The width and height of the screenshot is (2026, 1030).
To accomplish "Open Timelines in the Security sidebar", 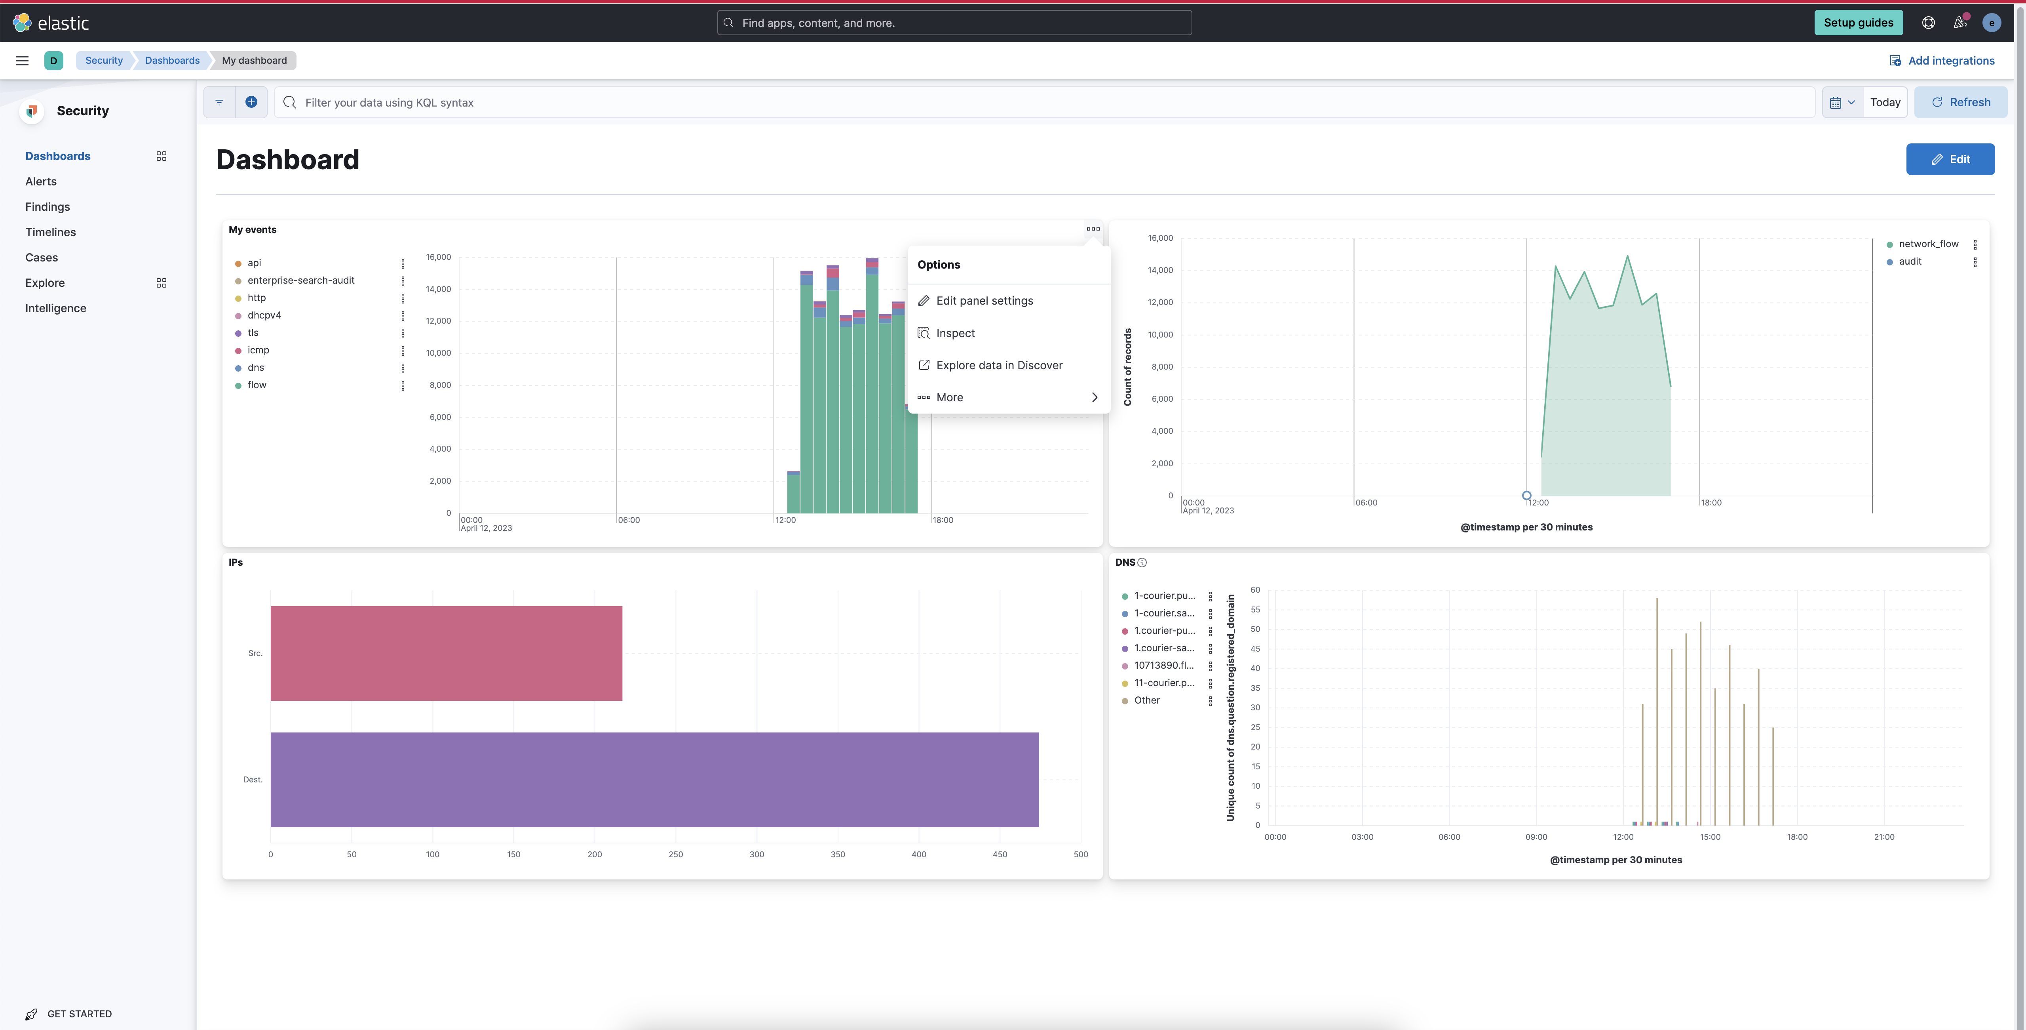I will click(x=50, y=232).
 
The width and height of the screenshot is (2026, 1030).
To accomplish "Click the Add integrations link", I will click(x=1950, y=61).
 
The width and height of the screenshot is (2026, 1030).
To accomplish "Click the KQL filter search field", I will click(x=1046, y=102).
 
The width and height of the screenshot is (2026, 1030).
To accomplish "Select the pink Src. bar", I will click(x=446, y=653).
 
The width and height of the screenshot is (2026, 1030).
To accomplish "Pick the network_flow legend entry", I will click(x=1928, y=244).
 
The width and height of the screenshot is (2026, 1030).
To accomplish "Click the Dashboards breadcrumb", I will click(x=172, y=61).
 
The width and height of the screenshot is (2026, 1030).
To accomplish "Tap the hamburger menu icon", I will click(x=22, y=61).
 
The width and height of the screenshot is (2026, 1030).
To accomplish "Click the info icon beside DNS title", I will click(x=1142, y=563).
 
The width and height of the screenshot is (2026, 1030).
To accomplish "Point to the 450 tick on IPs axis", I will click(x=1000, y=855).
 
